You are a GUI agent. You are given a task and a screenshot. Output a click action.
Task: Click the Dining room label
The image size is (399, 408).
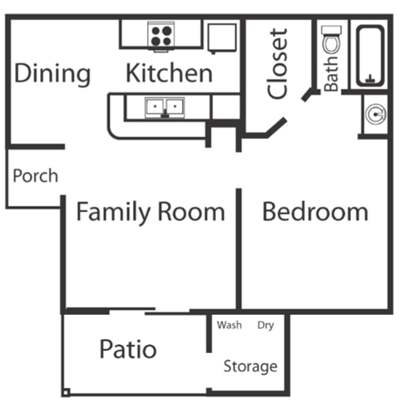point(52,74)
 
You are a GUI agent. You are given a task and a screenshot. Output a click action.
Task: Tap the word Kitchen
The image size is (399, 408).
point(169,73)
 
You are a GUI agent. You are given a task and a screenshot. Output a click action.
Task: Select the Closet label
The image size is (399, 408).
point(279,63)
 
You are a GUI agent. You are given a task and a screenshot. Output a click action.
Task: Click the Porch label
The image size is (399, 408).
point(36,176)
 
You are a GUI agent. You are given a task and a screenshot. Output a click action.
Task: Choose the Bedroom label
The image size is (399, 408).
point(315,211)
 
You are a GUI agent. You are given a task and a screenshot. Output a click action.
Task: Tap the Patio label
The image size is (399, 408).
point(127,349)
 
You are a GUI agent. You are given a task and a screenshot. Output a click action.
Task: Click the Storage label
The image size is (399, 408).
point(249,366)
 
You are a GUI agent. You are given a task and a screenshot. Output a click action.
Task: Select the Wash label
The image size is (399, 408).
point(229,325)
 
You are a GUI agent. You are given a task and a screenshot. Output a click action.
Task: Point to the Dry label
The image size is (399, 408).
point(266,325)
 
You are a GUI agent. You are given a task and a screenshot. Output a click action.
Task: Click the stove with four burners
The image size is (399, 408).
point(160,35)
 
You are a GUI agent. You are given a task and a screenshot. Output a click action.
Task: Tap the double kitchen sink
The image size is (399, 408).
point(165,106)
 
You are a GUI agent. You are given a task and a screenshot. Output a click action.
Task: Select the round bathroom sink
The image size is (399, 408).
point(376,113)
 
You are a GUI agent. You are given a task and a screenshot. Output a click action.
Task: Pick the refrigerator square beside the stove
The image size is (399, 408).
point(220,37)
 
